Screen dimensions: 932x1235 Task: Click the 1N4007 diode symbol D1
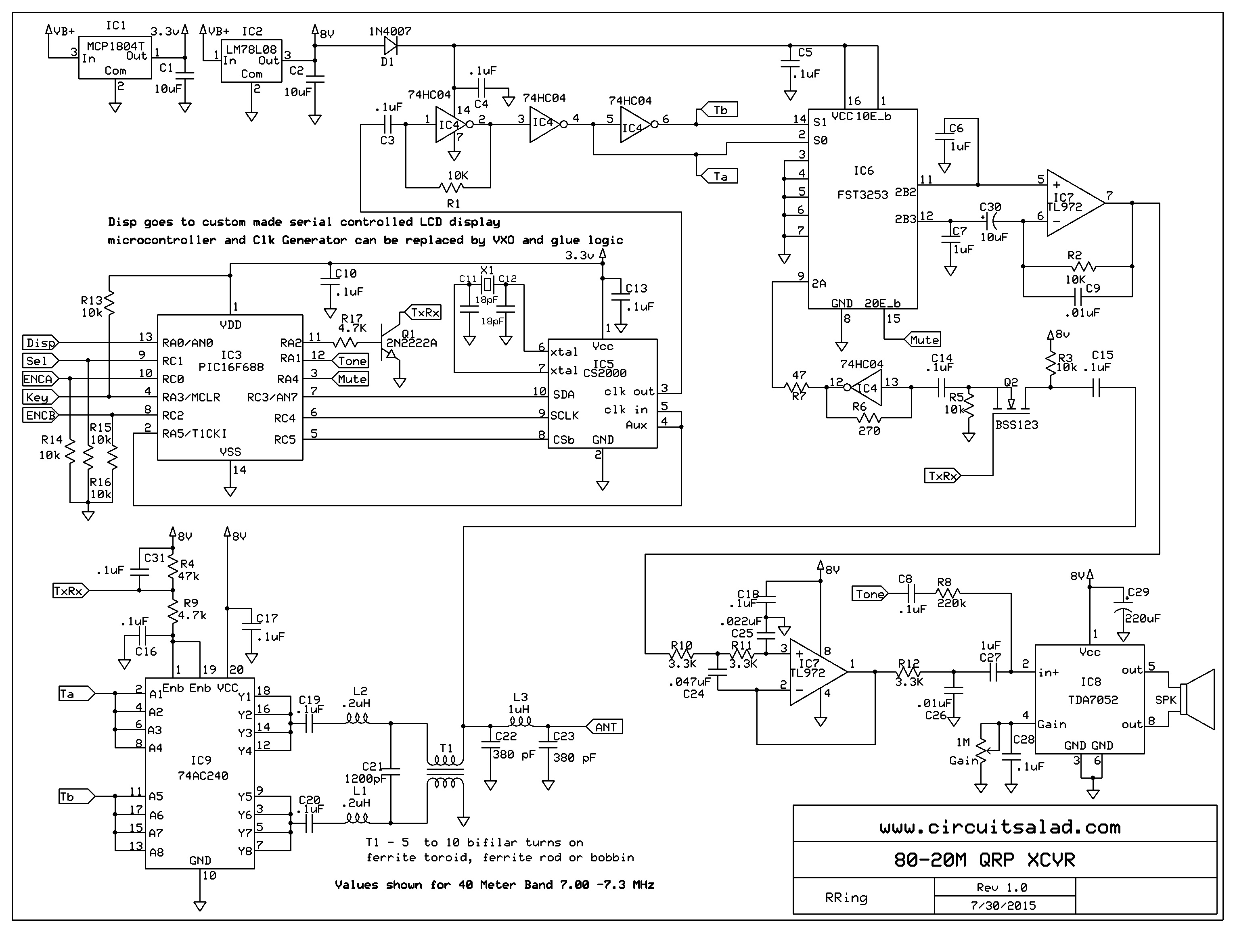390,46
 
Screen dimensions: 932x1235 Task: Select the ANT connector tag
605,727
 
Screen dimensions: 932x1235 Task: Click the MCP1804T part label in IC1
115,46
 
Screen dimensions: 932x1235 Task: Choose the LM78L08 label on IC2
251,50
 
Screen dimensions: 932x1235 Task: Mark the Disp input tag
40,343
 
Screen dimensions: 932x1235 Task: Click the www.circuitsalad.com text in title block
999,827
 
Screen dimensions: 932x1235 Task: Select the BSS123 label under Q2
1016,425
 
